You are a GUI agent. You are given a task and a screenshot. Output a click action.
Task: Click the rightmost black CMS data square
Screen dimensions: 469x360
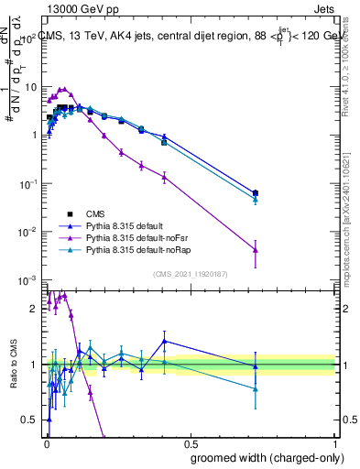pos(255,193)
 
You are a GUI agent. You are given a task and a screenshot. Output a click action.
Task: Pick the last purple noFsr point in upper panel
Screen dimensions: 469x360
pos(255,249)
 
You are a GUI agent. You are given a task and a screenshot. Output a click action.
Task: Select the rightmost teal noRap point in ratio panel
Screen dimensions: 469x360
pos(255,389)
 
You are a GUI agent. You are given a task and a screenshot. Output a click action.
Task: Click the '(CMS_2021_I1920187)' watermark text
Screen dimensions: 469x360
pos(190,273)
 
